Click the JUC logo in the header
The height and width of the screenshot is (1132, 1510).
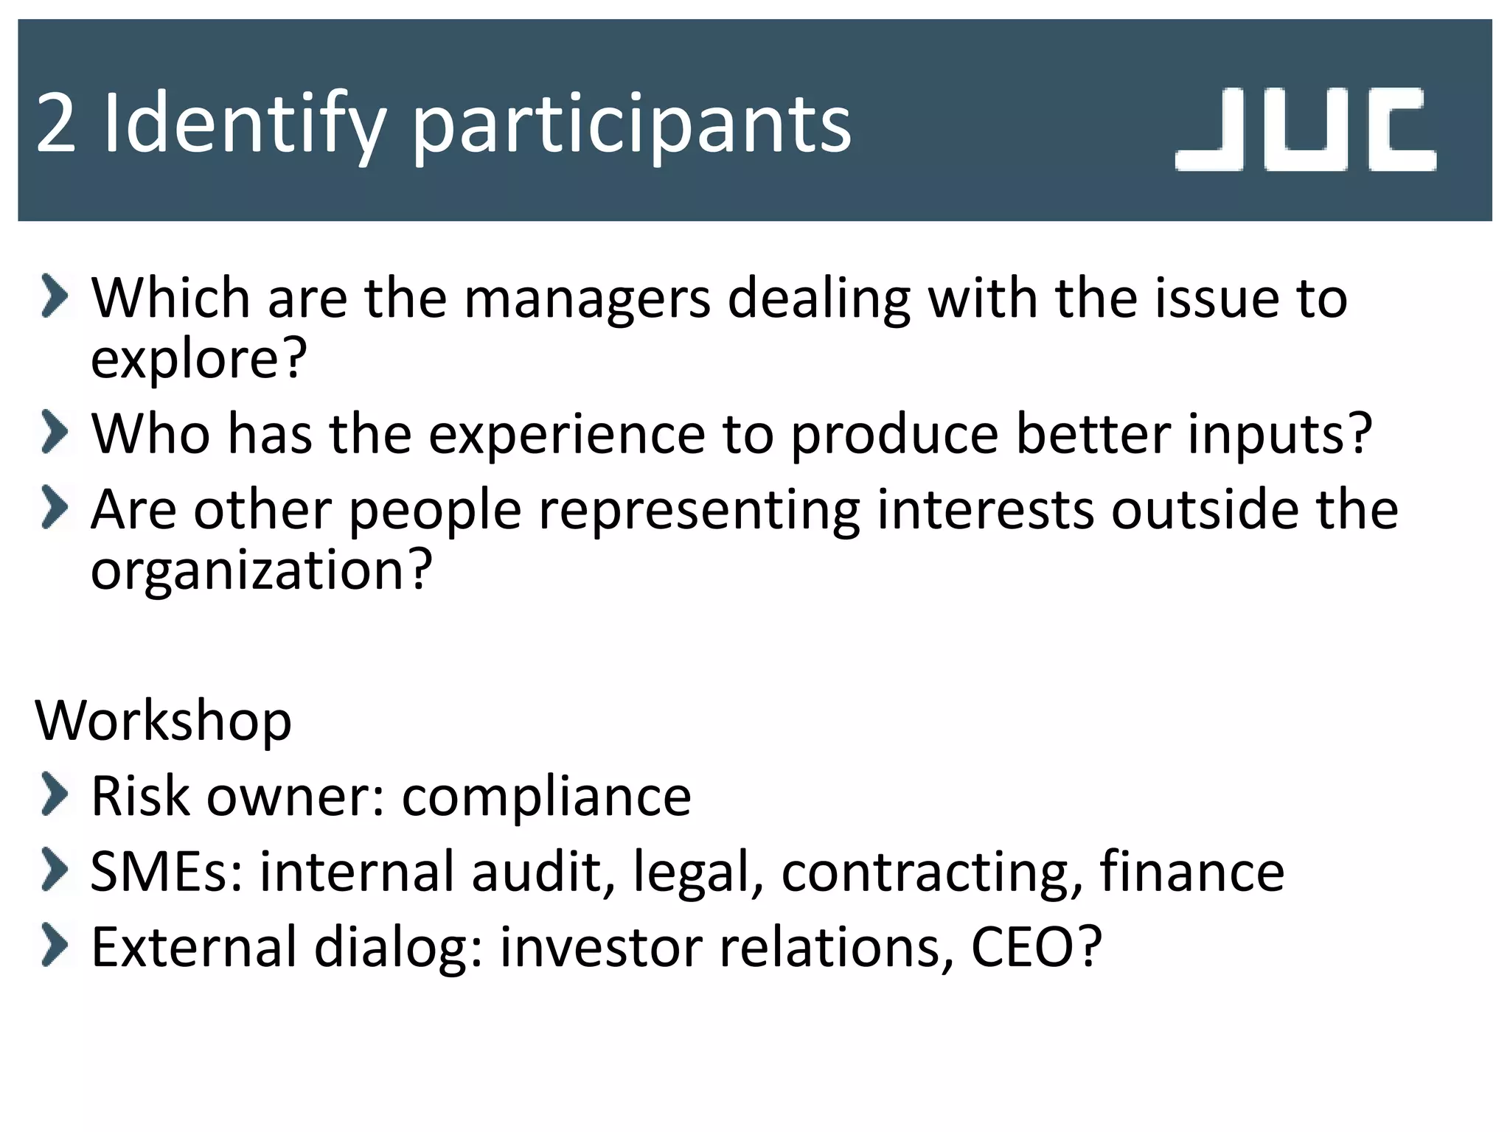(x=1305, y=130)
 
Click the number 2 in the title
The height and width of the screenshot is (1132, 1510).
(x=56, y=124)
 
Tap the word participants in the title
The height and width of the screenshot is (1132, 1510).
(x=631, y=125)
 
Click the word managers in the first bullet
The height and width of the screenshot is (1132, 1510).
(x=587, y=298)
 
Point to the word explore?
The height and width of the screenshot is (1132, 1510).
(x=198, y=359)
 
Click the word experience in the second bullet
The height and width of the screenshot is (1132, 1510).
(x=567, y=434)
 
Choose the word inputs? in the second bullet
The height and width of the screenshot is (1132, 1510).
(x=1280, y=434)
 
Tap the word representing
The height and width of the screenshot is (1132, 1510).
(x=699, y=510)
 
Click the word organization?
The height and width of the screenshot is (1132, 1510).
(x=261, y=570)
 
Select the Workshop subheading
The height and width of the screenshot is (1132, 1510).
(x=164, y=720)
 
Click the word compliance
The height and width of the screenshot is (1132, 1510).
(x=546, y=797)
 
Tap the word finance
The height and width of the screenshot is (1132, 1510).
(x=1192, y=872)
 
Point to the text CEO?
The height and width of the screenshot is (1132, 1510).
(x=1036, y=947)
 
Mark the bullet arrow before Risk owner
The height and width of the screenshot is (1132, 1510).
(x=55, y=795)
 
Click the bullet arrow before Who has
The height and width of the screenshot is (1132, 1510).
(x=55, y=432)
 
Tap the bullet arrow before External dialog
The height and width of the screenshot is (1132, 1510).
(x=55, y=946)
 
